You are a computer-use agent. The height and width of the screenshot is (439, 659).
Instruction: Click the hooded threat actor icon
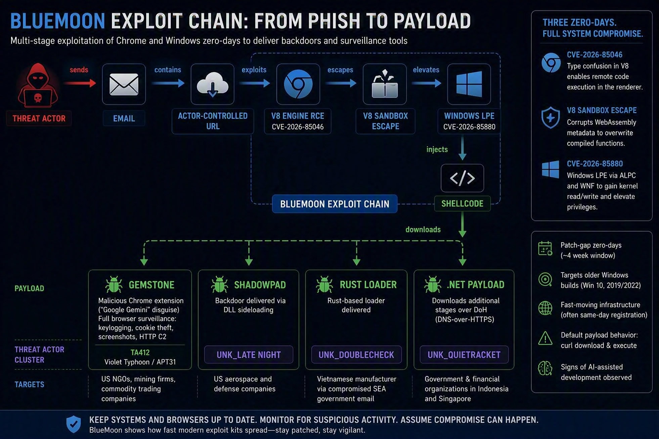click(x=38, y=86)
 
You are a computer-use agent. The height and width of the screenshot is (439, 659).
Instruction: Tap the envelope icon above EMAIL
click(x=124, y=84)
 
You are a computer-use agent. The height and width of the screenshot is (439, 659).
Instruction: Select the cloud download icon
click(x=212, y=84)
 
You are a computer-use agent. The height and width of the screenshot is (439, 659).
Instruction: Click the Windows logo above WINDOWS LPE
click(x=469, y=84)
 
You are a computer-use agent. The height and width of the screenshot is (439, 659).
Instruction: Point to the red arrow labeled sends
click(x=80, y=83)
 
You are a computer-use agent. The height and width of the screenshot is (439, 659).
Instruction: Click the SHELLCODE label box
click(x=462, y=204)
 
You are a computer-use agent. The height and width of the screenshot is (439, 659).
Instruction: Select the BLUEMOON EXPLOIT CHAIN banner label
click(x=335, y=204)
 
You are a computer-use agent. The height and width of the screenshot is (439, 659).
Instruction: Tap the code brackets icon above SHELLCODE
click(x=462, y=178)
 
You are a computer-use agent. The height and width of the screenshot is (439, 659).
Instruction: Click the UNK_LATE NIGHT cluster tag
click(x=249, y=355)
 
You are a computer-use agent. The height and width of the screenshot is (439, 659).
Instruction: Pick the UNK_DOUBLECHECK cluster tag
click(x=356, y=355)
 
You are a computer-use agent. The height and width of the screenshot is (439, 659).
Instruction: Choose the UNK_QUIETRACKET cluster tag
click(x=464, y=355)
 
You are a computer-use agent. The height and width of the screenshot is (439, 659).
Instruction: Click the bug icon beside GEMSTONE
click(x=114, y=285)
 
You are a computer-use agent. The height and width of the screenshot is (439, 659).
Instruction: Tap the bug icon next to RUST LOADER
click(x=324, y=285)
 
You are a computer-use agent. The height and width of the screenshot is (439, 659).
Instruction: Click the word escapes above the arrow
click(x=340, y=70)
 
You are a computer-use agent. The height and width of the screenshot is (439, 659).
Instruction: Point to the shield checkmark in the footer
click(x=74, y=424)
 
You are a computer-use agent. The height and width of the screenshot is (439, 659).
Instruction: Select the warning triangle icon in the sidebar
click(x=545, y=338)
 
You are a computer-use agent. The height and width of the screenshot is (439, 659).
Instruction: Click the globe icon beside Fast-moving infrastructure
click(x=545, y=308)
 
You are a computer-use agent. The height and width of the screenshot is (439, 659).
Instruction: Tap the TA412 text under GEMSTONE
click(x=140, y=352)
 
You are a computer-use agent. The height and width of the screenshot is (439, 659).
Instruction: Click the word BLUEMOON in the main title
click(x=58, y=21)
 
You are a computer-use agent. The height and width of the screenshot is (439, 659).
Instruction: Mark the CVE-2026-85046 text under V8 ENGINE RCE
click(x=298, y=127)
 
